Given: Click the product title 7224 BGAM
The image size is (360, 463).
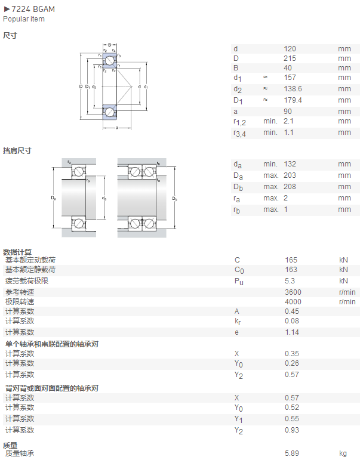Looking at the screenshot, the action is [33, 9].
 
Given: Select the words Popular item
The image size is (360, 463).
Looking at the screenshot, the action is [24, 19].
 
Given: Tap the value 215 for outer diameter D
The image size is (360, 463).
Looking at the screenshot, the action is [290, 58].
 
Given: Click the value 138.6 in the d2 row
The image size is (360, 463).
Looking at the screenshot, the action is [293, 89].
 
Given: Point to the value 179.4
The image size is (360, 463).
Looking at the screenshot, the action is [293, 100].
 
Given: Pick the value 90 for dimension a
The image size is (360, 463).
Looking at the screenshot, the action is [288, 112].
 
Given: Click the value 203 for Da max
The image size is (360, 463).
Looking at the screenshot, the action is [290, 175].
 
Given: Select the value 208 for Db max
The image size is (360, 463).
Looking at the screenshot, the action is [290, 187].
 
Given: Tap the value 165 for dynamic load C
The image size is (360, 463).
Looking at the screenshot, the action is [291, 260].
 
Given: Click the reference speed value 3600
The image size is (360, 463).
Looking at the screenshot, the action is [293, 292].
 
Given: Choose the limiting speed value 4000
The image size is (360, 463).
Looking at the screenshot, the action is [293, 302].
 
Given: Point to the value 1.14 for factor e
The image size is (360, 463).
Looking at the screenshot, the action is [292, 332].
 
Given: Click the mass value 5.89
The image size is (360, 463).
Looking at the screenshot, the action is [292, 453].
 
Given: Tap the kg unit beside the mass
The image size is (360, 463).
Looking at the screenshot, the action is [343, 453].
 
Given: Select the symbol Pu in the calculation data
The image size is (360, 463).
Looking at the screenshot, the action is [239, 282].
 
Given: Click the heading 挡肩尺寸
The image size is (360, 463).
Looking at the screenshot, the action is [17, 150].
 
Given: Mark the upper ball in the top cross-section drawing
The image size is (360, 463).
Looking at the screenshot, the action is [110, 60].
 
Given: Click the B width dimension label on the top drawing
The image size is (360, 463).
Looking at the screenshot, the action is [110, 45].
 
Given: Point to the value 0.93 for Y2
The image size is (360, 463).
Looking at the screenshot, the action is [292, 430].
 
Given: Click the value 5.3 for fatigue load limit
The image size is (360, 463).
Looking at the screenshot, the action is [290, 281].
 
